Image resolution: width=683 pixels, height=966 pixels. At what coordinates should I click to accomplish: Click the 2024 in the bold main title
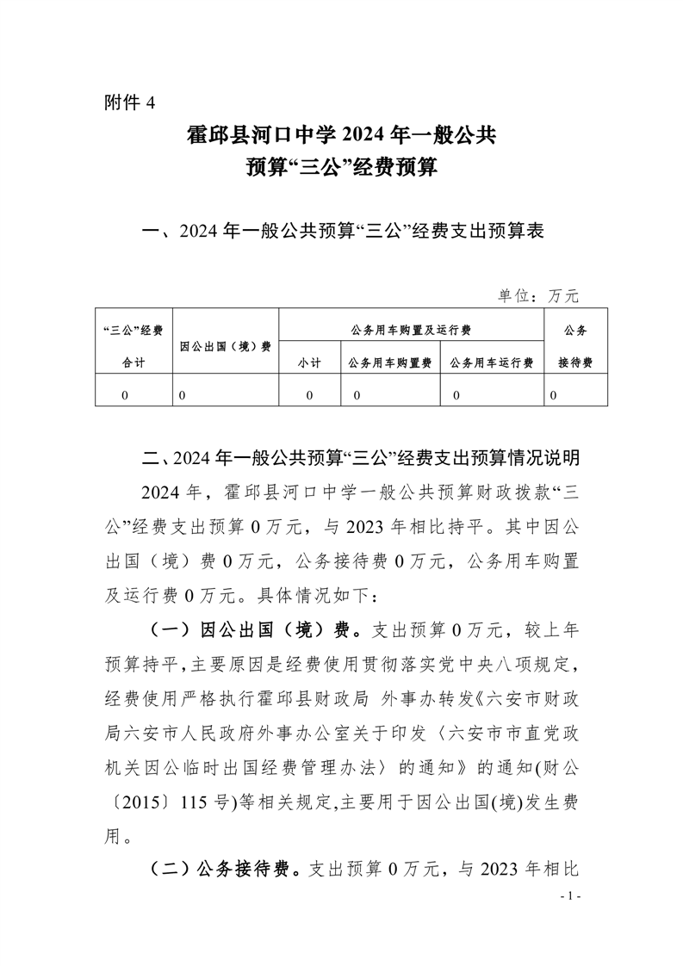(369, 136)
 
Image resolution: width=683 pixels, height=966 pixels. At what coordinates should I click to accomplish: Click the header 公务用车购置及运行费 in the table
(411, 330)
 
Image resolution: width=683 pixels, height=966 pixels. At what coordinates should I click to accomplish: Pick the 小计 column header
(309, 363)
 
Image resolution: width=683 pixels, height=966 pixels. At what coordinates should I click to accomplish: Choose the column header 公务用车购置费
(390, 363)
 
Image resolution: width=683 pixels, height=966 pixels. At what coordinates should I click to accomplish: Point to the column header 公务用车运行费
(491, 363)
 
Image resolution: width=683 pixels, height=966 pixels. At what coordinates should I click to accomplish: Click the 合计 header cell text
(133, 363)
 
